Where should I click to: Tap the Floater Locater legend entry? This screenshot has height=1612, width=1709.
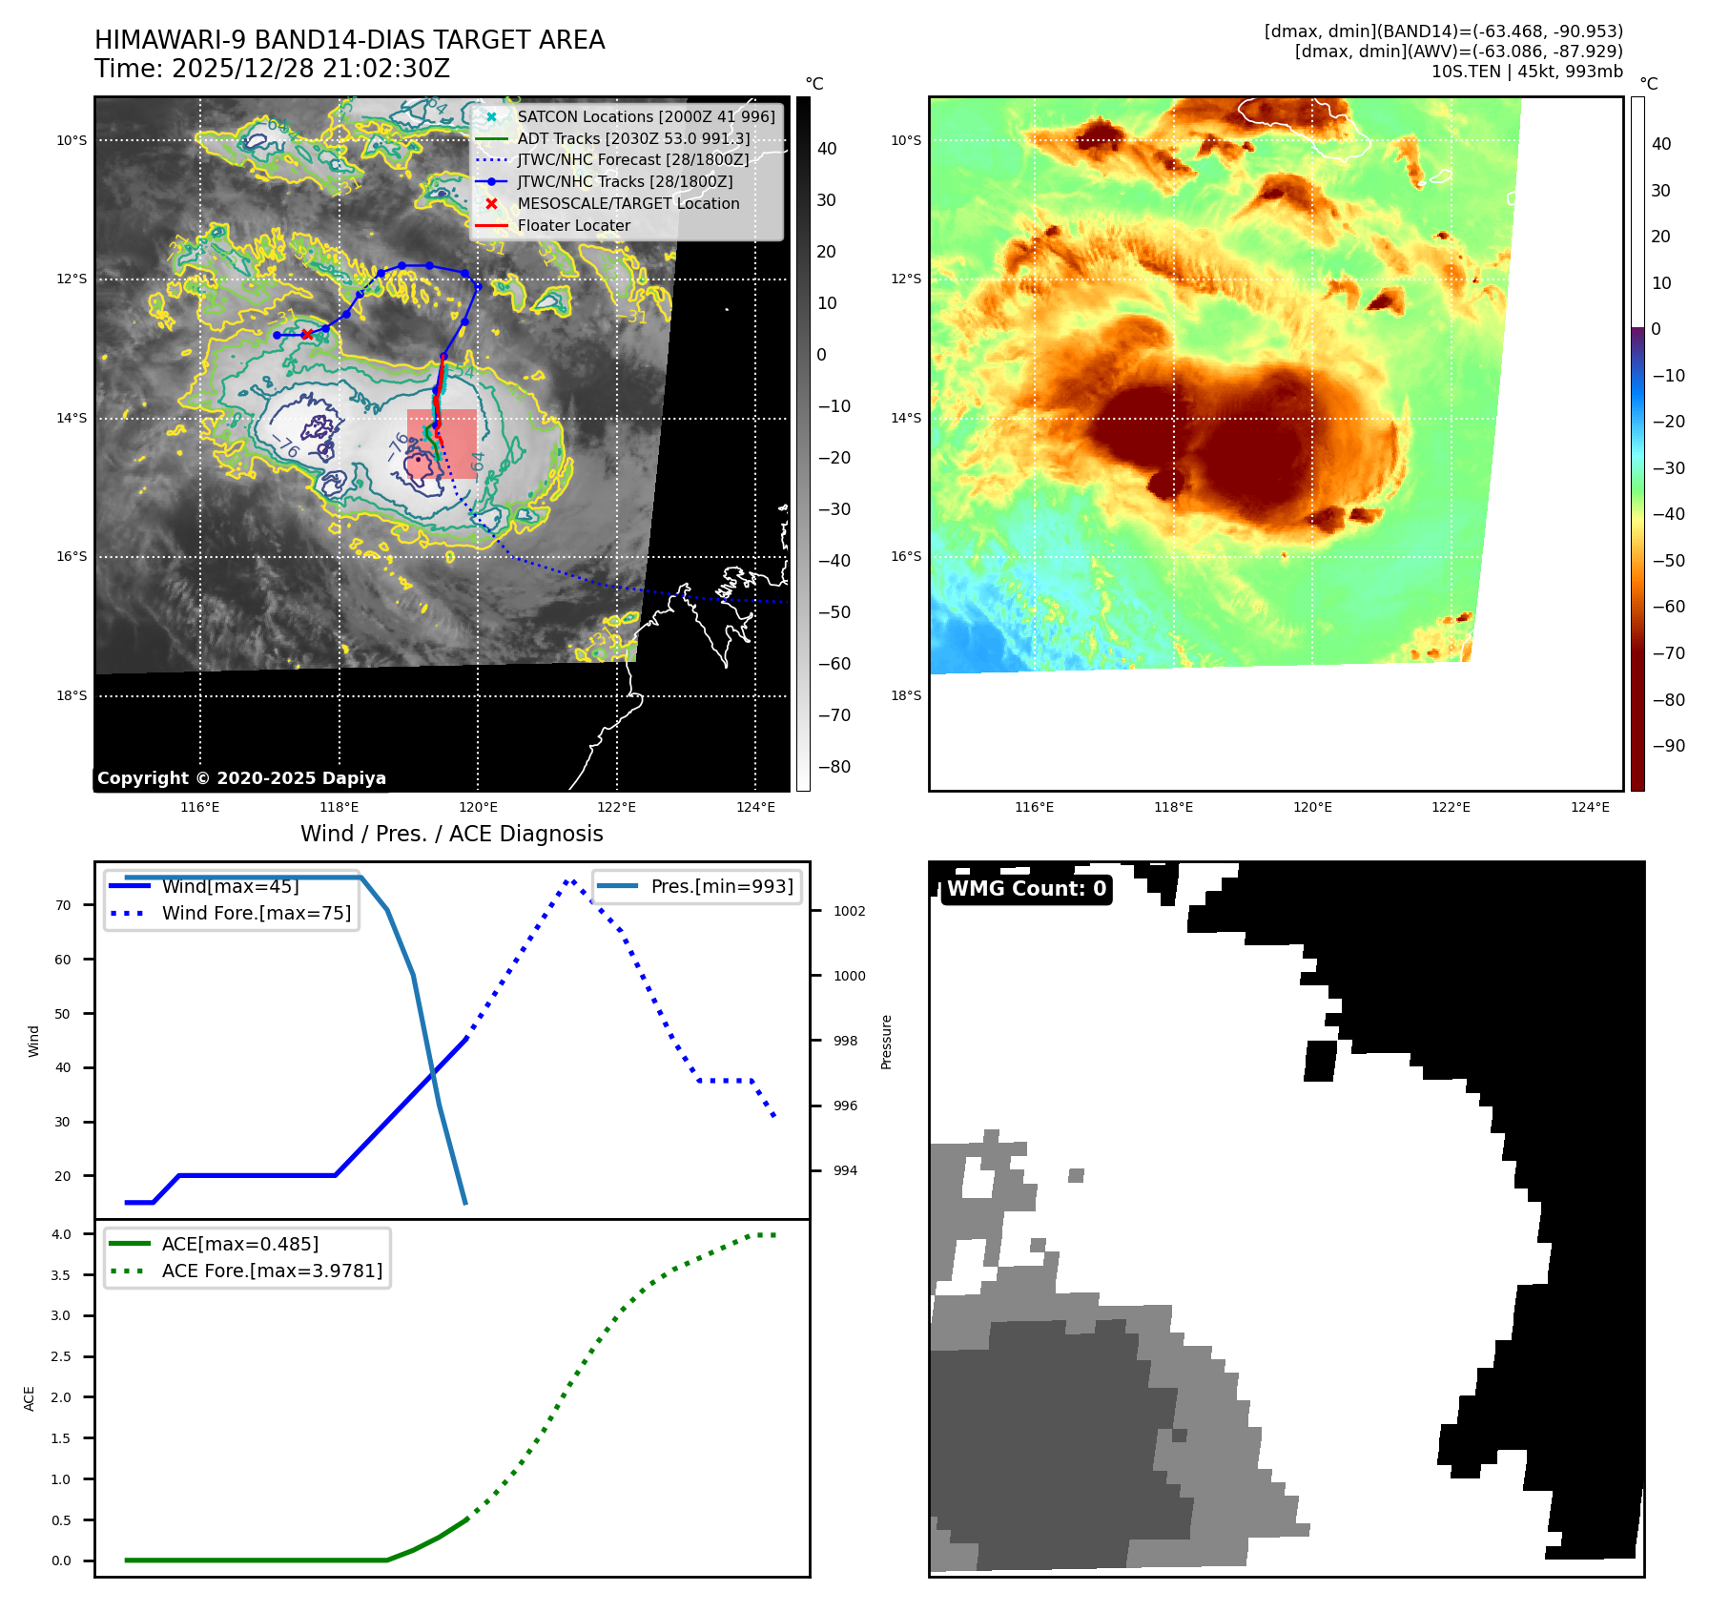point(573,225)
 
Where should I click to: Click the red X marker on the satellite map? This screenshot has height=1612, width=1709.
point(307,335)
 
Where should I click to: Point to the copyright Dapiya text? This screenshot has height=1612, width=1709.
point(241,778)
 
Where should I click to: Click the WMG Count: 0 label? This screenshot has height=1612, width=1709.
point(1026,889)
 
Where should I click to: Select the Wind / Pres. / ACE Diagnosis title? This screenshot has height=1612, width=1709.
point(451,834)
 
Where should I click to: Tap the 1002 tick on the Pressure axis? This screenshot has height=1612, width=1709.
point(849,911)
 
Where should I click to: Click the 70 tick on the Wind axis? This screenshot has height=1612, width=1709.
point(63,905)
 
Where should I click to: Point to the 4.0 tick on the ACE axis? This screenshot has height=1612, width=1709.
point(61,1234)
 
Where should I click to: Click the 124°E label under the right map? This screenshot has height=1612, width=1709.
point(1590,807)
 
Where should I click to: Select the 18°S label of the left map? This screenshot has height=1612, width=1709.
point(72,695)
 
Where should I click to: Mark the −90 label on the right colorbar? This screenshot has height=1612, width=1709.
point(1668,746)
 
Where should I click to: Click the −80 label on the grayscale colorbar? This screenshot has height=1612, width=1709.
point(834,767)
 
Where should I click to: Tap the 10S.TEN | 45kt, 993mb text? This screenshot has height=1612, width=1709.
point(1526,72)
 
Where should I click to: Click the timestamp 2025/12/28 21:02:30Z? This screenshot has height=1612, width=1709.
point(310,69)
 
